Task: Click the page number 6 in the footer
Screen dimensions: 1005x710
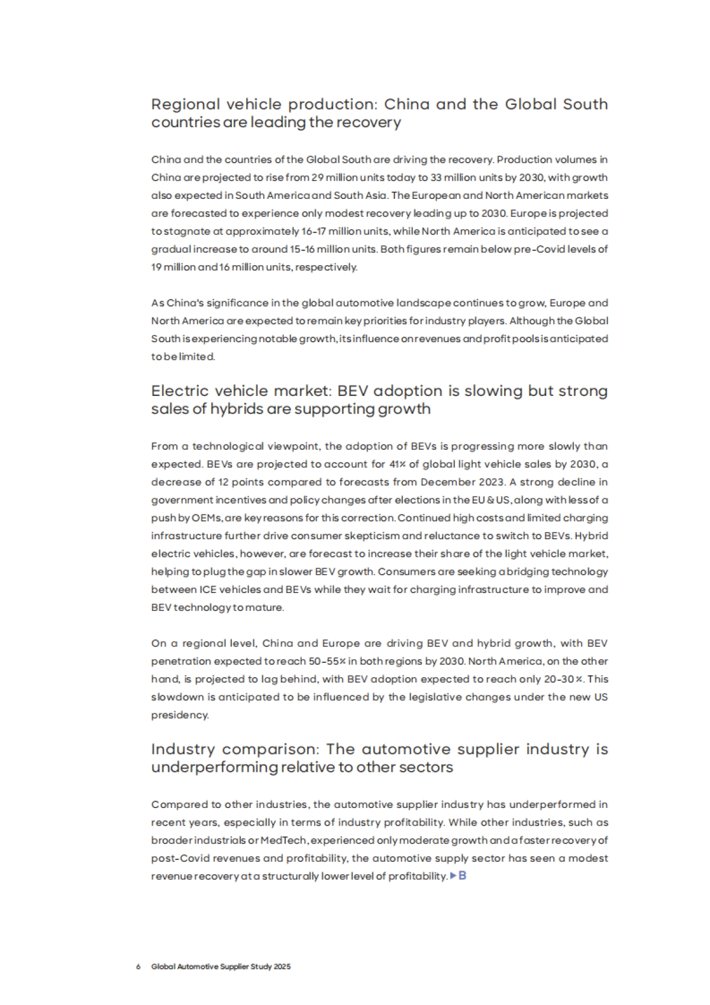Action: click(138, 967)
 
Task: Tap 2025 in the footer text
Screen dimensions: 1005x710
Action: click(282, 967)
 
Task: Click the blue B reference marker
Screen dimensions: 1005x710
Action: click(462, 875)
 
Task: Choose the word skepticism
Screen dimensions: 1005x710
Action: click(370, 536)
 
